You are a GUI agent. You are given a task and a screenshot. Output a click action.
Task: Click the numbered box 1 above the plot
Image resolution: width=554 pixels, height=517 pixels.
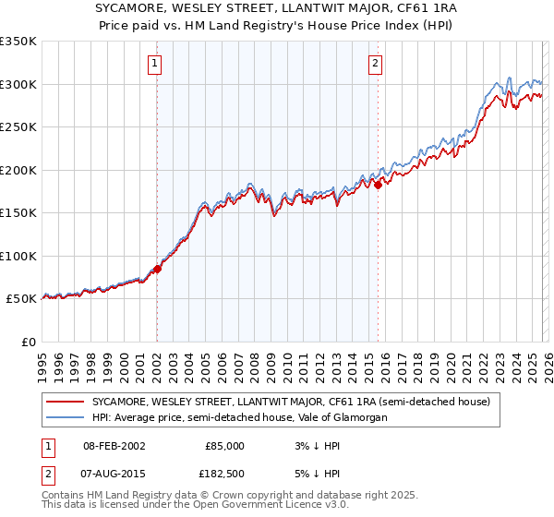[x=154, y=64]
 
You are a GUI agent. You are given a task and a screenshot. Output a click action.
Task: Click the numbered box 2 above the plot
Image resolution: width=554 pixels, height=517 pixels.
[x=376, y=64]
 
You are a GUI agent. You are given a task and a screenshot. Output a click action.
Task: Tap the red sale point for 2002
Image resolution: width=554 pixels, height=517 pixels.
[x=157, y=269]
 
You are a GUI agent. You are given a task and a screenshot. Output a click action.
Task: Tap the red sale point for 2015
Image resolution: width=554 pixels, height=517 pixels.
[x=379, y=186]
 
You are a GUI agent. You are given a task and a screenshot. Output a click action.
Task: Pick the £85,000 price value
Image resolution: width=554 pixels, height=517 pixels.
[x=224, y=445]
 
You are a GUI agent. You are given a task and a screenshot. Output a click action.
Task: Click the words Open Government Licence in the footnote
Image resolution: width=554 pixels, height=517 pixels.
[x=264, y=506]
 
